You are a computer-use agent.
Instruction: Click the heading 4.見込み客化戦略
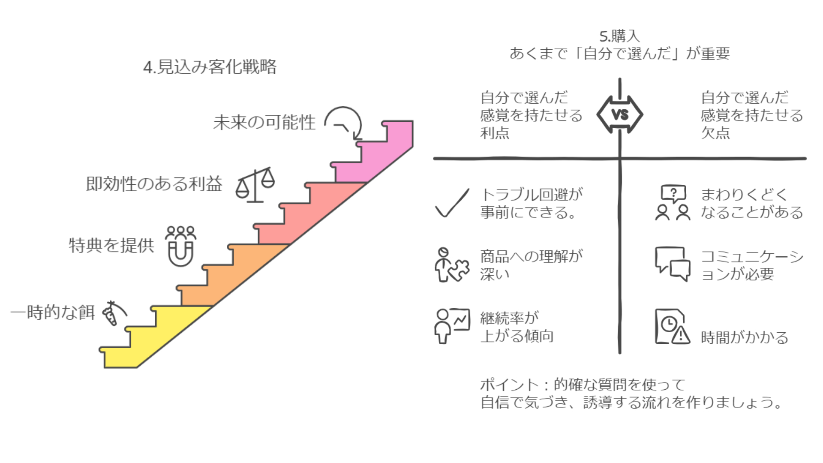[210, 67]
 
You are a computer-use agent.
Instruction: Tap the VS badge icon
[620, 114]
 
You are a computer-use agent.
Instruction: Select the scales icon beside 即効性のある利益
[255, 185]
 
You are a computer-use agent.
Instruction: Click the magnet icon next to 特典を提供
[180, 246]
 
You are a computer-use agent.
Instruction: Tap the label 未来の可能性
[264, 123]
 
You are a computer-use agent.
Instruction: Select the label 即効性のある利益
[154, 184]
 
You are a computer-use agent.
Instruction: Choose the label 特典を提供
[111, 246]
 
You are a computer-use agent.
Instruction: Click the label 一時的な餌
[52, 313]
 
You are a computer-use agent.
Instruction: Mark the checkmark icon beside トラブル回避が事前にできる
[452, 203]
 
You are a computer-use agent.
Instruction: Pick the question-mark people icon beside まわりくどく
[673, 203]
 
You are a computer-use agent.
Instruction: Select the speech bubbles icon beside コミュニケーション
[673, 264]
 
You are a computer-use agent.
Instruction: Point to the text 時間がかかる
[745, 338]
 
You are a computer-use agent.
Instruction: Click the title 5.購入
[619, 36]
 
